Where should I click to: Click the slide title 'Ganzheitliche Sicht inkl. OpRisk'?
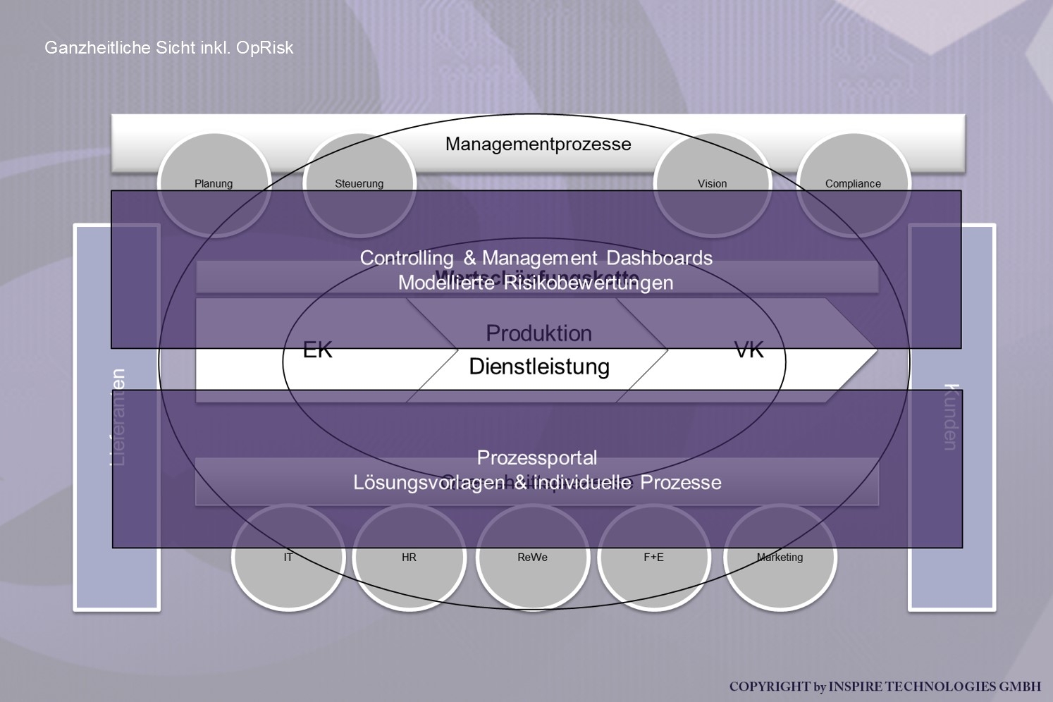coord(168,48)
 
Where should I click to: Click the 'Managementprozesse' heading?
coord(538,144)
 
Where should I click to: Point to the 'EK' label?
coord(317,350)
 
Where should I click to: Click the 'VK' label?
coord(749,350)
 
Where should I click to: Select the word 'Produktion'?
coord(538,333)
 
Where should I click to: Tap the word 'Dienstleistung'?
coord(539,367)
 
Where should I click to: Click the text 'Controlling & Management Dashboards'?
coord(536,258)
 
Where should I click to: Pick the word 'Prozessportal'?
coord(537,458)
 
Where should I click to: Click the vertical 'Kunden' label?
coord(952,417)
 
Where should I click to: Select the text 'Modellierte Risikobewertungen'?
coord(536,283)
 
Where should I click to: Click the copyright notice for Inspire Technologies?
coord(885,686)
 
